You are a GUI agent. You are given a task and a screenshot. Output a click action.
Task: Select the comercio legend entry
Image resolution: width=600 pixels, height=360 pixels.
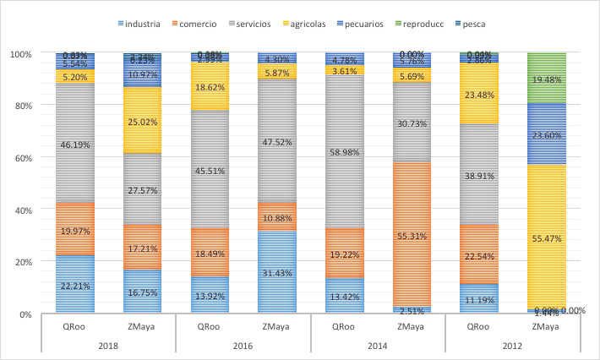(199, 24)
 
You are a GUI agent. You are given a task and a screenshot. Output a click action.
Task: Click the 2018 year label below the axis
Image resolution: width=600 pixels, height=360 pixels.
(108, 345)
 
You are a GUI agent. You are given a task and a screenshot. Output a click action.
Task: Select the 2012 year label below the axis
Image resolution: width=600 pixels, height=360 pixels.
(513, 345)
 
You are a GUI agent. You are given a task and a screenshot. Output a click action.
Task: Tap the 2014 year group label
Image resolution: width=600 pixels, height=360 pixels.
(378, 345)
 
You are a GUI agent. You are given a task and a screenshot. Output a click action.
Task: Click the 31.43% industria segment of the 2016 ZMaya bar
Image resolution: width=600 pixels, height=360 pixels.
(276, 272)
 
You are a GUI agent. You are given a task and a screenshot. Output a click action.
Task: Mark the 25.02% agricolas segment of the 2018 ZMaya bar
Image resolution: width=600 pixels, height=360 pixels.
(141, 120)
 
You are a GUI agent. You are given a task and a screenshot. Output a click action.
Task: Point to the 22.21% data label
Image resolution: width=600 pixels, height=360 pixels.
(74, 287)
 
